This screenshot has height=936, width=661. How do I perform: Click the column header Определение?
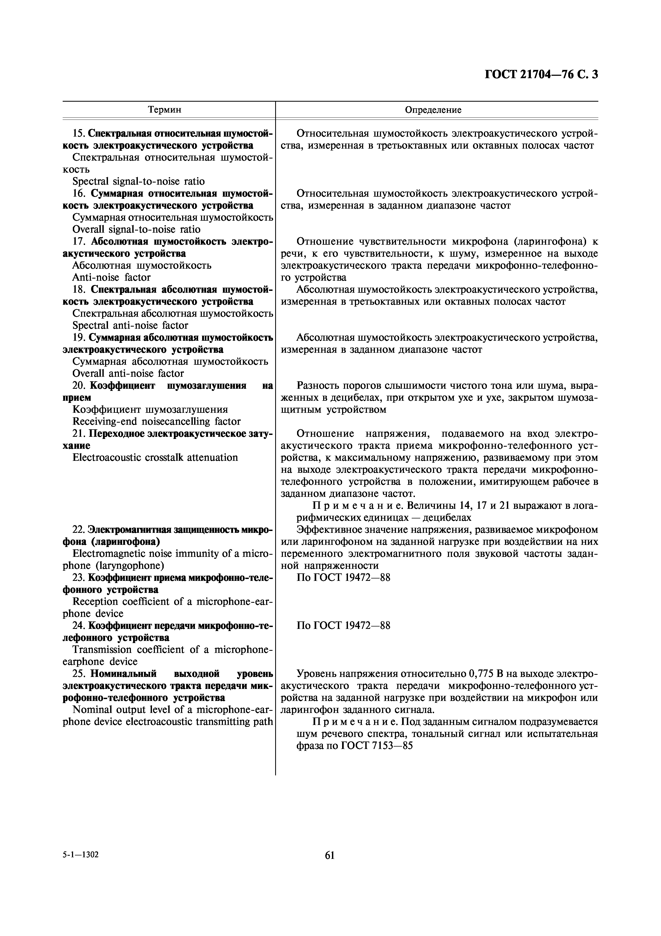tap(433, 110)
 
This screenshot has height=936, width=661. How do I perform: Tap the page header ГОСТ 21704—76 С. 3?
tap(541, 75)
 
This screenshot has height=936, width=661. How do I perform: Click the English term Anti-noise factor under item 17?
tap(111, 277)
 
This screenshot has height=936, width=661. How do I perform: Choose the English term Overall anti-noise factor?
tap(128, 374)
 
